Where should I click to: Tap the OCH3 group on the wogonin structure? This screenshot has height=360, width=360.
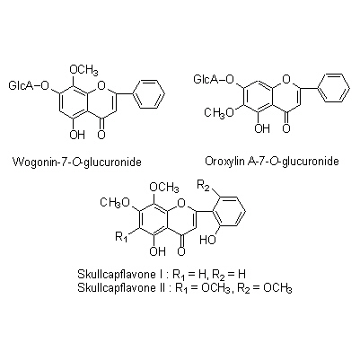83,70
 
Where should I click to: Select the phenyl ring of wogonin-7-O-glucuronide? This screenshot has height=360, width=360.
148,93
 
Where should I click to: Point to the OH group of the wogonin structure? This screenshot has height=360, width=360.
77,135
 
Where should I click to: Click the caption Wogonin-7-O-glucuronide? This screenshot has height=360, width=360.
77,162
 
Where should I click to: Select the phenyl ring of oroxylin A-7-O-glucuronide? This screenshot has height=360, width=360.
333,88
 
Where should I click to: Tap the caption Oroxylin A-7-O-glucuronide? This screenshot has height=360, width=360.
272,162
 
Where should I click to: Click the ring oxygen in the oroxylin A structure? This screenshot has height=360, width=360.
286,80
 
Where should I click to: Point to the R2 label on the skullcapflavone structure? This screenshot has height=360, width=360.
203,186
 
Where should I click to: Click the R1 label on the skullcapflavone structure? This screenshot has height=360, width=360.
121,237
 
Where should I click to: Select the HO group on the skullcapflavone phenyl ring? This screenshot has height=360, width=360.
208,240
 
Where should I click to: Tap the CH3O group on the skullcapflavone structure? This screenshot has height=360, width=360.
115,203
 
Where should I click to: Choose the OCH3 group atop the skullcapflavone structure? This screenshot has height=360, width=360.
163,188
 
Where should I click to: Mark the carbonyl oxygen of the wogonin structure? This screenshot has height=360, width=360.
101,135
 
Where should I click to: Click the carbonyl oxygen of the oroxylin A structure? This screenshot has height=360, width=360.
286,128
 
